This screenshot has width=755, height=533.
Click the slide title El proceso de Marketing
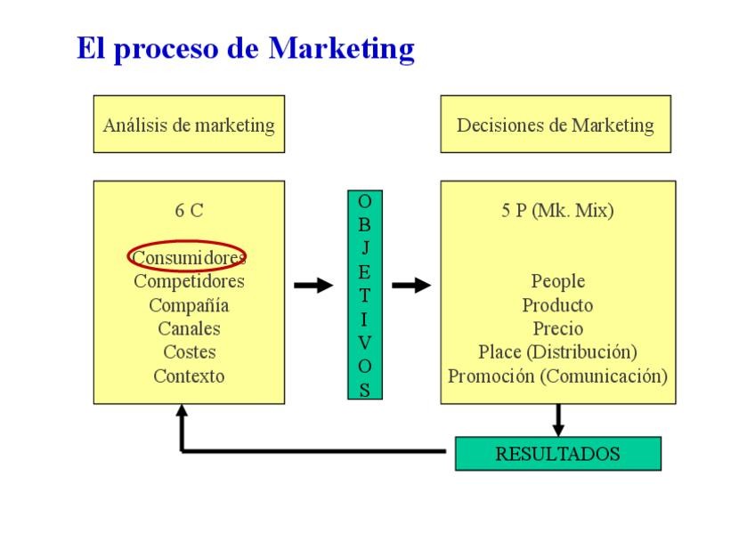[x=245, y=48]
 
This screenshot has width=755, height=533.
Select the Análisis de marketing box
[x=189, y=125]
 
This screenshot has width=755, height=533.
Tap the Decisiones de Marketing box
[x=555, y=125]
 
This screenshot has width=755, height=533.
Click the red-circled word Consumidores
[x=188, y=257]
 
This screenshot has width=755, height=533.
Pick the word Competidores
[x=189, y=281]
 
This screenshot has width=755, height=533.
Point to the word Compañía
[x=189, y=305]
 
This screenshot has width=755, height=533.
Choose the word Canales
[x=189, y=328]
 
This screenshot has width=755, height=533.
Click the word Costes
[x=189, y=352]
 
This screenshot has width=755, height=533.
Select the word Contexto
[x=189, y=376]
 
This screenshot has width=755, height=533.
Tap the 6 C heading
[x=189, y=211]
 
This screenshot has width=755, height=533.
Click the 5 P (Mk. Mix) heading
[x=557, y=211]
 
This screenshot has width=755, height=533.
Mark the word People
[x=557, y=281]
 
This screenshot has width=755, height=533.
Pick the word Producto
[x=557, y=305]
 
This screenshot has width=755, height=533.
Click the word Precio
[x=557, y=328]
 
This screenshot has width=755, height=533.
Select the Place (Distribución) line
[x=557, y=352]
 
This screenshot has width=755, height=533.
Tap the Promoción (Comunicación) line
[x=557, y=376]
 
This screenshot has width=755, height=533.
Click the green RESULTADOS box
[x=557, y=453]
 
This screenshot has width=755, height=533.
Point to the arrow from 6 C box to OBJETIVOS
[x=313, y=286]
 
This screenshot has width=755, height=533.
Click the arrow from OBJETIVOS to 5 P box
[x=410, y=286]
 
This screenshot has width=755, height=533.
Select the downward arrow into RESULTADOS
[x=558, y=419]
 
